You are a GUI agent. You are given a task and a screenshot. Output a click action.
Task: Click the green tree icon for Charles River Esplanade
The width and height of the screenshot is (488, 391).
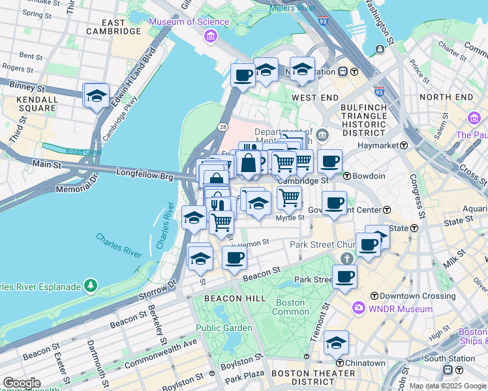[x=90, y=285]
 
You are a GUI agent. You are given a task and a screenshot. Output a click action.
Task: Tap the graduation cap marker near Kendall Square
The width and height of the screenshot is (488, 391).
[x=97, y=96]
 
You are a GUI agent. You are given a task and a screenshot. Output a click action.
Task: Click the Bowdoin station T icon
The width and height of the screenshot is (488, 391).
[x=347, y=176]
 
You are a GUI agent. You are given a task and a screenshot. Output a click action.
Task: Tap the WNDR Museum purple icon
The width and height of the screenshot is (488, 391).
[x=358, y=308]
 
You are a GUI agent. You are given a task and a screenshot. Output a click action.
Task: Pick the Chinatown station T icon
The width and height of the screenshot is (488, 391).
[x=340, y=363]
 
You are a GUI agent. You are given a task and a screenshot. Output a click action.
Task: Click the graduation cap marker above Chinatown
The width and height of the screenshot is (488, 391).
[x=336, y=343]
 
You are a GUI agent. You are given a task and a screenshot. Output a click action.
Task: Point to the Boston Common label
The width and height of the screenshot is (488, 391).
[x=290, y=307]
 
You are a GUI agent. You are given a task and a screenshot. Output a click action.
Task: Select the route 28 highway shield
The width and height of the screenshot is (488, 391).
[x=223, y=126]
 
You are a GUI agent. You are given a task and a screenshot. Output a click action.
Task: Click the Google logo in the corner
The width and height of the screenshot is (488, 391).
[x=21, y=383]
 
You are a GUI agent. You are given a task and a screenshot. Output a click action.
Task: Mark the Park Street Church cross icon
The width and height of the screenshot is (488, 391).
[x=346, y=259]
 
